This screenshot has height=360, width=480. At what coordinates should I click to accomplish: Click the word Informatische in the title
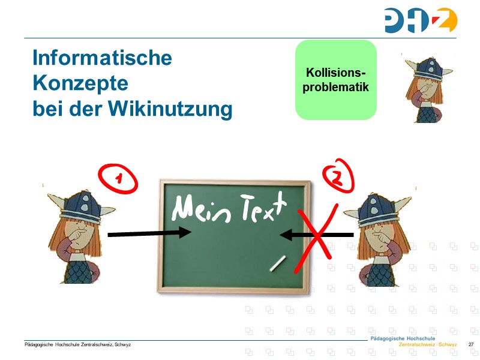tap(102, 58)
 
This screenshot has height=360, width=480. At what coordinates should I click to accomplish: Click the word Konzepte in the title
tap(80, 83)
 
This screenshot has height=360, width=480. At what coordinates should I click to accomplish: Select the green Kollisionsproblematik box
tap(335, 80)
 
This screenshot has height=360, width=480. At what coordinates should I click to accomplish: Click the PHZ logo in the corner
tap(421, 20)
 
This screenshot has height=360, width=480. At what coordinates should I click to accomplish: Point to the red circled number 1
tap(119, 178)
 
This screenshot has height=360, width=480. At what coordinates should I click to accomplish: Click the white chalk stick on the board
tap(278, 263)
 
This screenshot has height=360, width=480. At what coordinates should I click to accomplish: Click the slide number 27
tap(471, 344)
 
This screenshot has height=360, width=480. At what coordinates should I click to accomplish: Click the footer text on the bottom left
tap(77, 344)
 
